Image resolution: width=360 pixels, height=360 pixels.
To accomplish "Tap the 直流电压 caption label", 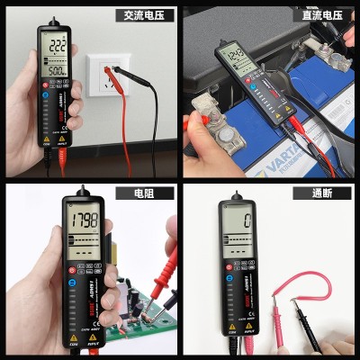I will click(321, 14).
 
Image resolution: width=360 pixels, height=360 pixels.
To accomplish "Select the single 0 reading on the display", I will click(246, 220).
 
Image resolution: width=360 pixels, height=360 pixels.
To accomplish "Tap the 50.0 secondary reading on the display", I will click(56, 70).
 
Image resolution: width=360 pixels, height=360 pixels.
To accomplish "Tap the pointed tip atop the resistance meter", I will click(84, 192).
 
